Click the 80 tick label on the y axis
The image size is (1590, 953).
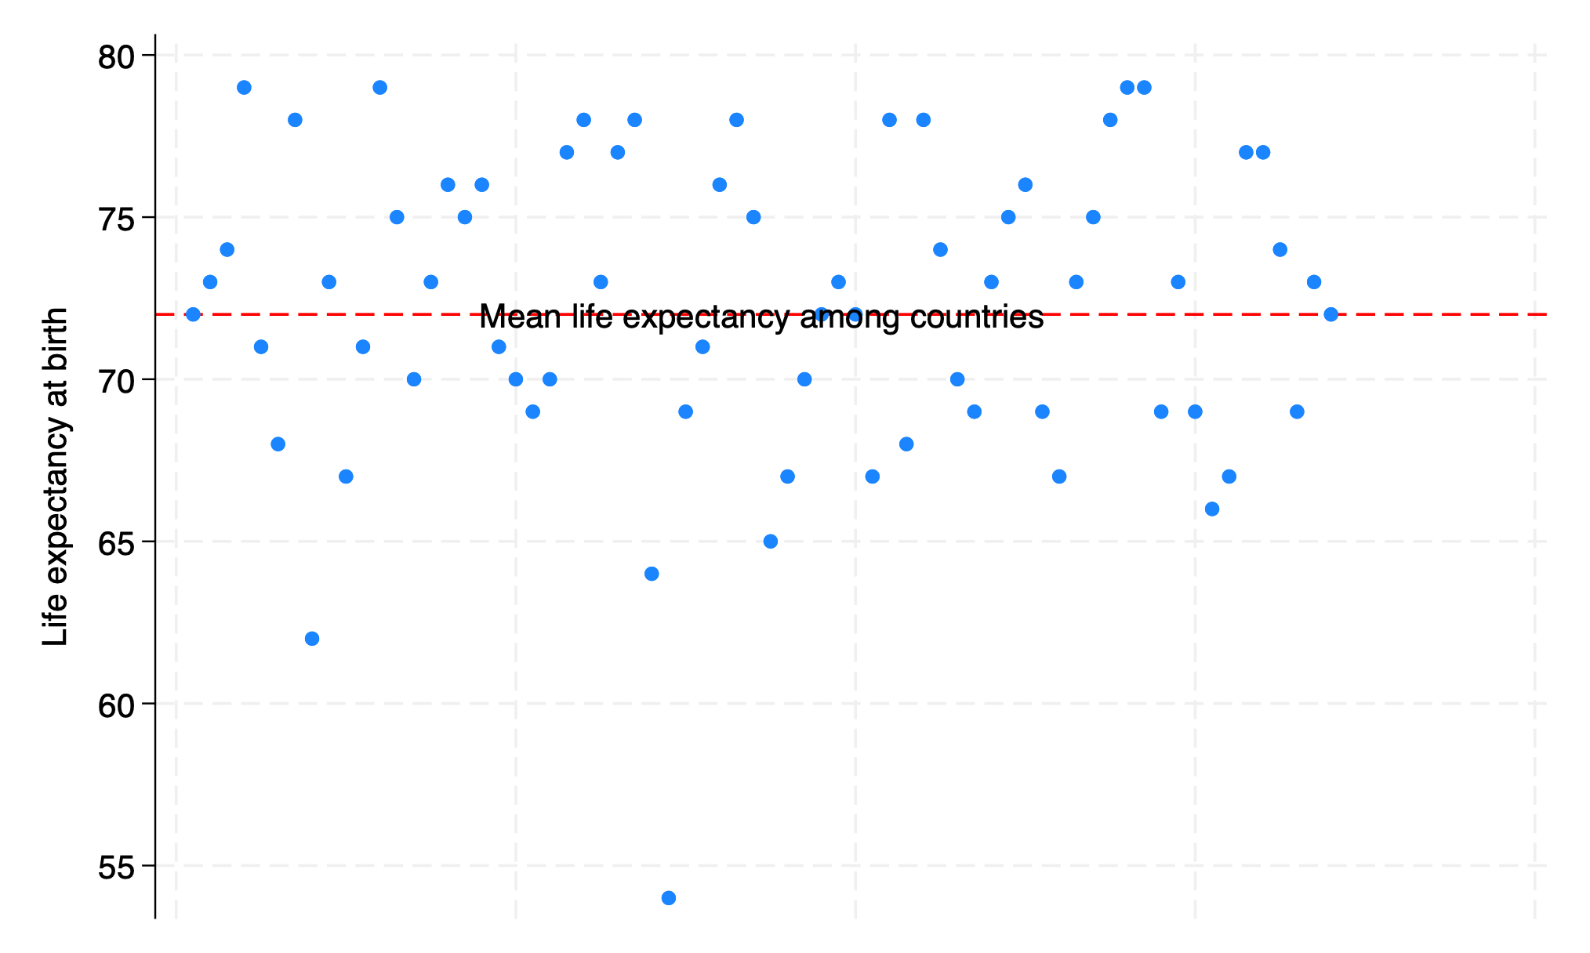click(x=116, y=56)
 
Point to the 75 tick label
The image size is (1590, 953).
click(x=116, y=218)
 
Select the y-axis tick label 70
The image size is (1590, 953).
click(x=116, y=380)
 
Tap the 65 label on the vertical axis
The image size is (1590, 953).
click(x=116, y=542)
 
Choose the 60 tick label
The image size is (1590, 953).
click(x=116, y=705)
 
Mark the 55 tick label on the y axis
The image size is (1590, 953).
click(x=116, y=866)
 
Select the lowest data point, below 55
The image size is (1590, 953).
click(x=669, y=898)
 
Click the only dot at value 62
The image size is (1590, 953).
click(x=312, y=639)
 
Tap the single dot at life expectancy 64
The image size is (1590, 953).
click(x=652, y=574)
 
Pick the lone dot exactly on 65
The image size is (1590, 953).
click(x=771, y=542)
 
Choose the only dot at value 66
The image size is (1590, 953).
click(x=1212, y=509)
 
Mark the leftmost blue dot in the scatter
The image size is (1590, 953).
click(x=193, y=314)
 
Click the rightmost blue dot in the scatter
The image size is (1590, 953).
click(x=1331, y=314)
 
